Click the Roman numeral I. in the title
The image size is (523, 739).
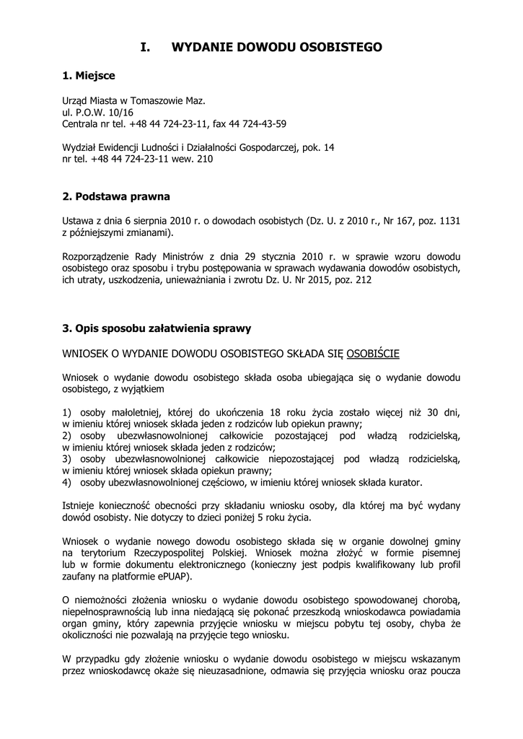pos(145,48)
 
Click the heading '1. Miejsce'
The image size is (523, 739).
pos(88,75)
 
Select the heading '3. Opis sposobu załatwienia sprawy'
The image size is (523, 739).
pos(157,328)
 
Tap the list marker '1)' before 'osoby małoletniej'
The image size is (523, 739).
pos(67,411)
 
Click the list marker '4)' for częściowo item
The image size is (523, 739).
pos(67,481)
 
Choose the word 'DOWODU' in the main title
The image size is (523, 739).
pos(268,48)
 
